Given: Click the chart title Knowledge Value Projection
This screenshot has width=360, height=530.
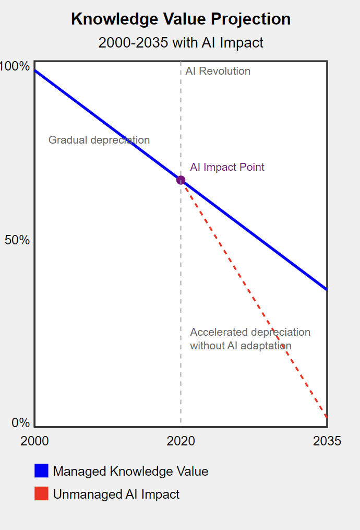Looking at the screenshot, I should click(181, 19).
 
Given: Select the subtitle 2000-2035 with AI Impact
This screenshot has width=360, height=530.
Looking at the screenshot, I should click(181, 42).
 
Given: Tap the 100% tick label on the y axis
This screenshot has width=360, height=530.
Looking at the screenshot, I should click(15, 66).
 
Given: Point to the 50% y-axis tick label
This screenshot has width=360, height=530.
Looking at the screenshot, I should click(17, 240).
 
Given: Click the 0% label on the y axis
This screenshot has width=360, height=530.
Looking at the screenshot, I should click(21, 423).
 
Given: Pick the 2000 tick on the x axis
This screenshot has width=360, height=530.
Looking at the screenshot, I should click(35, 441).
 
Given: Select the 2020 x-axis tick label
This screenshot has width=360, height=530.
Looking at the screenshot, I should click(181, 441).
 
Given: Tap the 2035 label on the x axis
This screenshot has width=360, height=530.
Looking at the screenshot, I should click(327, 441).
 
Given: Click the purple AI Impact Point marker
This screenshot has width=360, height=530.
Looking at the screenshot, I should click(181, 180).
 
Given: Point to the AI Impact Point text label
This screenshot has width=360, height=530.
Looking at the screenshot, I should click(227, 167).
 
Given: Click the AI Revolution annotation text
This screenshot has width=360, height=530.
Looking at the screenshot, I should click(218, 71).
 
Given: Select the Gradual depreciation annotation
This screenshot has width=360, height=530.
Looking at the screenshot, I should click(99, 140).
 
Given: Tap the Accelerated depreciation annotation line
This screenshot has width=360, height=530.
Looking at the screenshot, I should click(250, 332).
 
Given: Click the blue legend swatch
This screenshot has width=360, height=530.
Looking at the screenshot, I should click(41, 470).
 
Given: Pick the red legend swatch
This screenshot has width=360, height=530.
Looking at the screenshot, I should click(41, 493).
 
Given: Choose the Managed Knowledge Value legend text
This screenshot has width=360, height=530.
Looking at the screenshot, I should click(130, 472).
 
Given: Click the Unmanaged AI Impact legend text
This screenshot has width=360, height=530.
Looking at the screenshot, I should click(116, 494).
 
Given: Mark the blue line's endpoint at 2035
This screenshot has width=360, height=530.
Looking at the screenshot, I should click(327, 289).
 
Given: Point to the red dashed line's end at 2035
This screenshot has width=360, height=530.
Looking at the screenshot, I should click(327, 417).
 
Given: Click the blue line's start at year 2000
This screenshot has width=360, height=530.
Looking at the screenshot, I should click(35, 70).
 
